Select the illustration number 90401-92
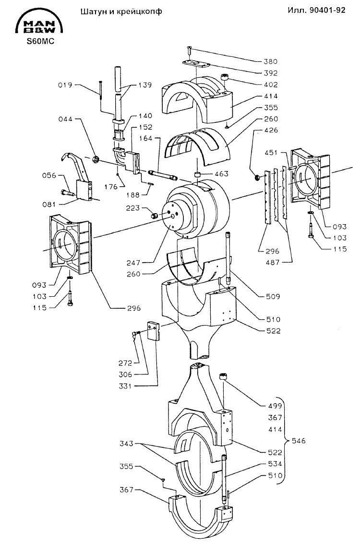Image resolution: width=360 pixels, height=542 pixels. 327,10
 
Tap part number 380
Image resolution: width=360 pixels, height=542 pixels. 270,61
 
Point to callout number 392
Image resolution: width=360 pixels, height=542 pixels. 270,73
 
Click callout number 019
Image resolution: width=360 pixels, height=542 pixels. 65,84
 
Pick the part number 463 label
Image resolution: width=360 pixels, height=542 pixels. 221,173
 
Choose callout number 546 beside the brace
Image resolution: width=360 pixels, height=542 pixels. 299,441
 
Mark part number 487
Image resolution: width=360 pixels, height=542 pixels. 273,263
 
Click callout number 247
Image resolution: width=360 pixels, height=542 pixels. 133,263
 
